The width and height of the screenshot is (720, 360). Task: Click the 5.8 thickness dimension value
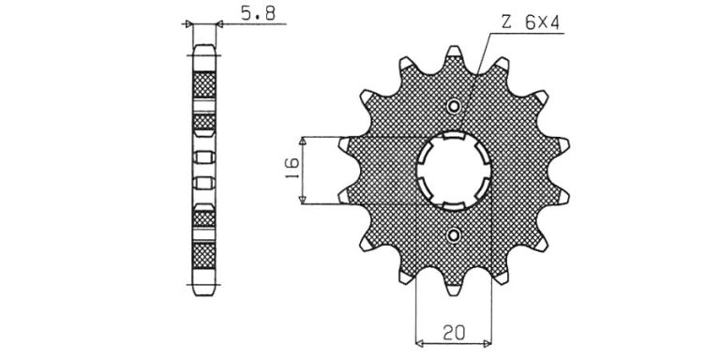(258, 13)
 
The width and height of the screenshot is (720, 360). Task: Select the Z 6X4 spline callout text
(531, 22)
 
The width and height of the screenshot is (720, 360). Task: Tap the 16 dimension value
(292, 169)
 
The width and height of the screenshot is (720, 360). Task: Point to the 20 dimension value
(454, 332)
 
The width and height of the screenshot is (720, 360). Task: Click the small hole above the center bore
(453, 107)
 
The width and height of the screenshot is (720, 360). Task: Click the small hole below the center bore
(453, 236)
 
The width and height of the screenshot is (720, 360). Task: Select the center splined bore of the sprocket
(454, 171)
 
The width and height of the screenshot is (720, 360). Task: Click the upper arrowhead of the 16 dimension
(302, 141)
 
